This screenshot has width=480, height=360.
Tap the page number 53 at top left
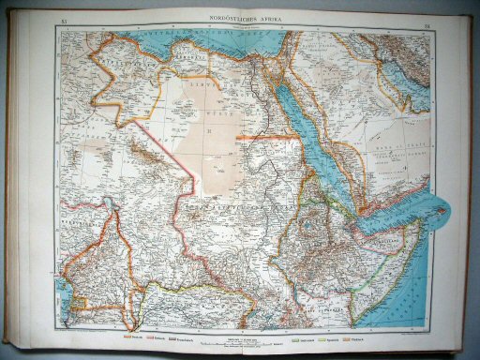click(64, 20)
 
